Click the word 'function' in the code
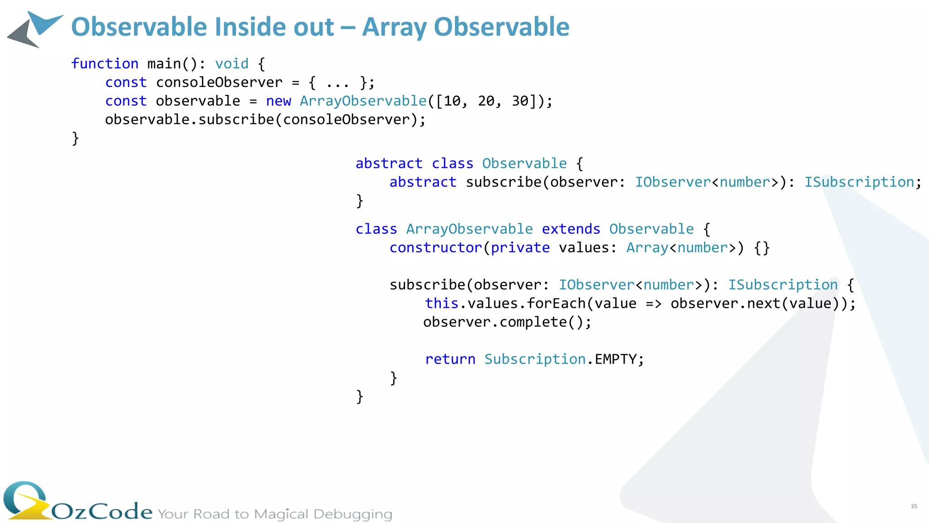tap(105, 64)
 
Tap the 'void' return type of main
tap(232, 64)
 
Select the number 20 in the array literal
tap(486, 101)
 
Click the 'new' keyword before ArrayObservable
tap(279, 101)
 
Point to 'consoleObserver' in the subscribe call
tap(347, 119)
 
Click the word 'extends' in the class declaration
tap(571, 229)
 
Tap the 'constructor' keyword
tap(435, 247)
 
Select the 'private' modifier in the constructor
tap(520, 247)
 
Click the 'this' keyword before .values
tap(441, 303)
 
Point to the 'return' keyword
tap(450, 359)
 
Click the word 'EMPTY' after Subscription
tap(616, 359)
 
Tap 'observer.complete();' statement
tap(507, 322)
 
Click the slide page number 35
tap(914, 506)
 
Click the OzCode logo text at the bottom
tap(102, 511)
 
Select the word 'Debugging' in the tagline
tap(352, 514)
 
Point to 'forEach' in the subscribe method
tap(556, 303)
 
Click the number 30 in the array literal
tap(520, 101)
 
